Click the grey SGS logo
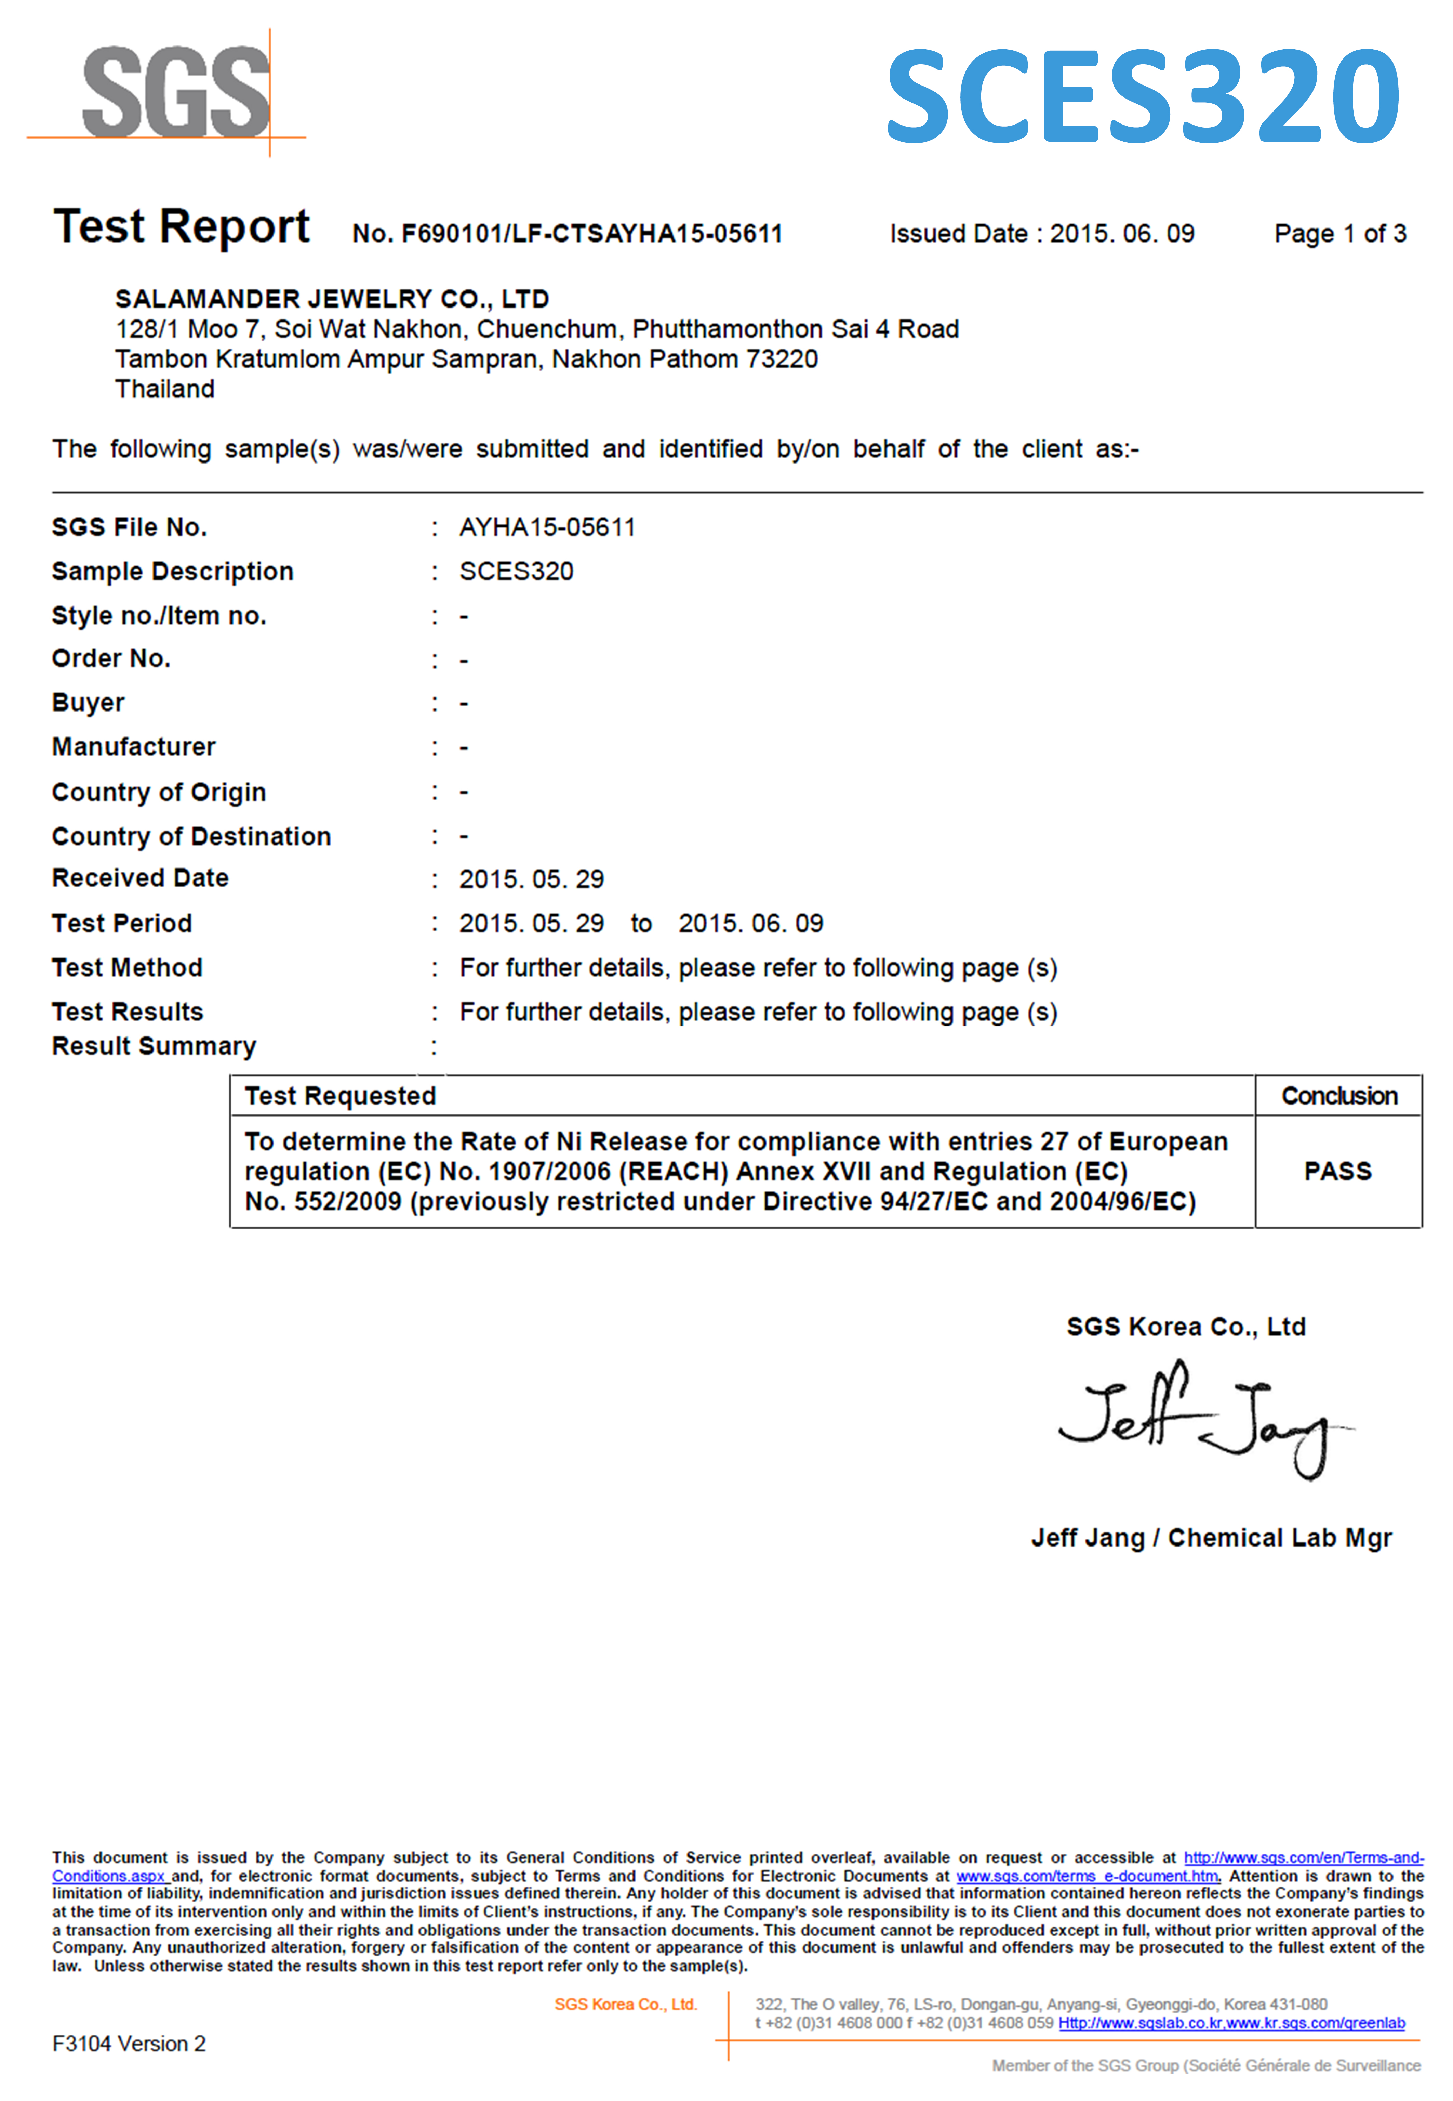tap(176, 91)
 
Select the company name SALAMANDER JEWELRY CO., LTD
tap(332, 299)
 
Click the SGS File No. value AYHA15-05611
tap(547, 527)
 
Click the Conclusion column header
tap(1338, 1096)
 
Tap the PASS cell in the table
tap(1337, 1171)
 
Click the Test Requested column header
tap(339, 1096)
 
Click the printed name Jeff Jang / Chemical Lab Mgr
tap(1211, 1538)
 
